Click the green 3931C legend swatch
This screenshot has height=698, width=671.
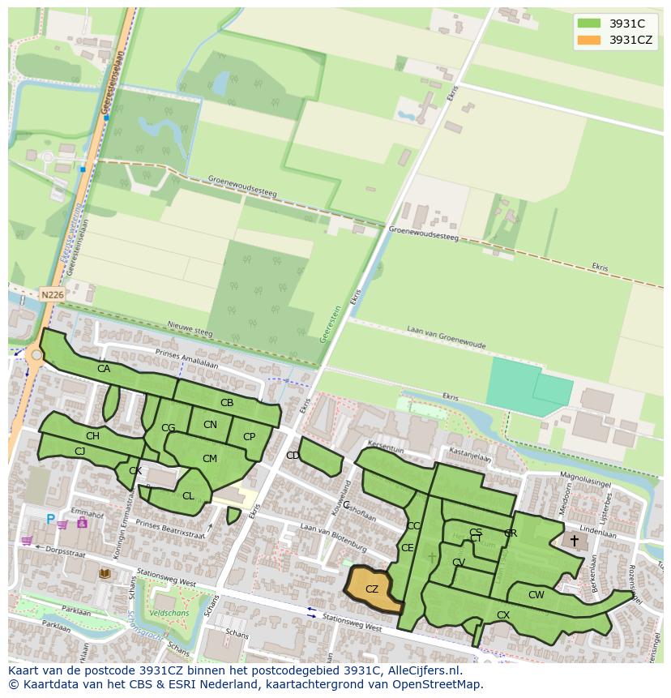pos(589,24)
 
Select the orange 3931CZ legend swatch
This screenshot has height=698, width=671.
pos(589,40)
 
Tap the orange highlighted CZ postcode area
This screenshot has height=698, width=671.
pos(373,589)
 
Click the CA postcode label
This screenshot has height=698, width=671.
pos(104,369)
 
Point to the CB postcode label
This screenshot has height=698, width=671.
pos(227,403)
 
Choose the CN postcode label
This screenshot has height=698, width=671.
pos(210,425)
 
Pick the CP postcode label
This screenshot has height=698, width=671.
pos(249,437)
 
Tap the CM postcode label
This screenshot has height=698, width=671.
pos(210,459)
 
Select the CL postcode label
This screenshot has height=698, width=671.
pos(188,496)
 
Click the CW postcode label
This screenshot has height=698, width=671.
pos(536,595)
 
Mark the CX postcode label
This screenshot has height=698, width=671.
pos(503,615)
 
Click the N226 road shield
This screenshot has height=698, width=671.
pos(51,295)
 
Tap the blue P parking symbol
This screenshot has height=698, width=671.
pos(50,519)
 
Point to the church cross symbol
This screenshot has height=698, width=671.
pos(575,540)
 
